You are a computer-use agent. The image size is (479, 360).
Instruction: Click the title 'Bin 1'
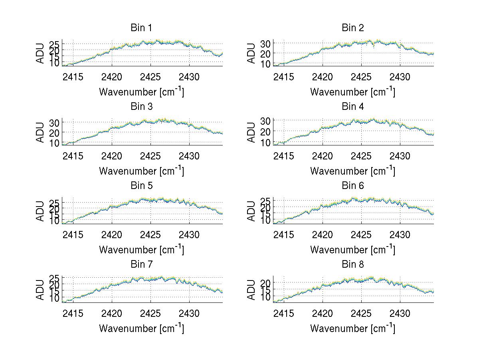141,28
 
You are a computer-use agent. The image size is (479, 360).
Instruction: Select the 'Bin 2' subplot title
353,28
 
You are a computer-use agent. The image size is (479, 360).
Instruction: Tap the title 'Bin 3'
141,107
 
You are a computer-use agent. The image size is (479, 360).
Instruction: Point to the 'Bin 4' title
353,107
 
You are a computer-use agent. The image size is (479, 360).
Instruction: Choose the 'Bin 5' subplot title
141,185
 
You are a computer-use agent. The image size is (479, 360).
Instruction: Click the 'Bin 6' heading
353,185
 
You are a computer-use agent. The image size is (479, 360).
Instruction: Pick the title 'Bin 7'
141,264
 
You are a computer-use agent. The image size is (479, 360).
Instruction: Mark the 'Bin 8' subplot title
353,264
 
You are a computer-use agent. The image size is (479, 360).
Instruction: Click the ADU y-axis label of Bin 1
40,53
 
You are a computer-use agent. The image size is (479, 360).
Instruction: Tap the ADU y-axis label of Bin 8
251,290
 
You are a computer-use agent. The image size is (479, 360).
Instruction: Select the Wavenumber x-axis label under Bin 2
352,92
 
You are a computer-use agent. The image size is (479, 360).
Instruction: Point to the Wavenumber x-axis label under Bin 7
141,328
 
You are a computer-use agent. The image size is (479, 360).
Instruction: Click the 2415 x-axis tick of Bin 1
73,77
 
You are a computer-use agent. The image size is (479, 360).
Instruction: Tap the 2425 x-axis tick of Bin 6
361,235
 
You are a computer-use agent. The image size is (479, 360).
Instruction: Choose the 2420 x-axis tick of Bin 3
112,156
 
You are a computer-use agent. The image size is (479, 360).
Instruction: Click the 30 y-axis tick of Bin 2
266,43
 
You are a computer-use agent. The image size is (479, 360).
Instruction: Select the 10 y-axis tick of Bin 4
266,142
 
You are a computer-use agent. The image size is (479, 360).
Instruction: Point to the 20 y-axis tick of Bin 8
266,282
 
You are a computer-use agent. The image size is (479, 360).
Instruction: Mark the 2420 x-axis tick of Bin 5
112,235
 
